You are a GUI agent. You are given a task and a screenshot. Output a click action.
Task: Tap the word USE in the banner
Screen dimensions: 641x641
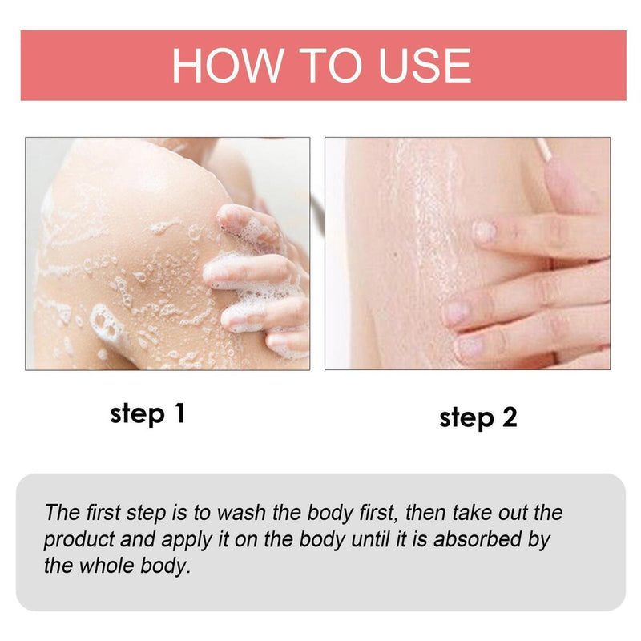tap(417, 66)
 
